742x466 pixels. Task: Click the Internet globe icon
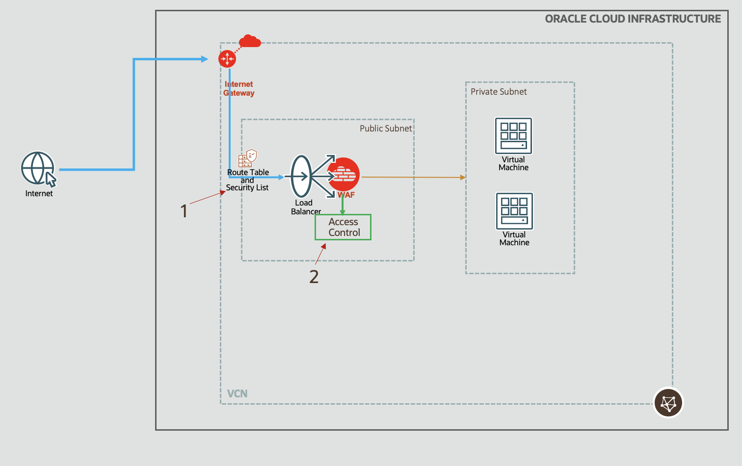pos(38,168)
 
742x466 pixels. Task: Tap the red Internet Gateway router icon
pos(227,59)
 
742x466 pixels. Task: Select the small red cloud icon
pos(250,41)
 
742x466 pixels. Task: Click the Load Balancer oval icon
pos(301,177)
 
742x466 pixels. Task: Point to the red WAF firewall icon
pos(344,175)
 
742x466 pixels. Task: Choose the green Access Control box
pos(343,227)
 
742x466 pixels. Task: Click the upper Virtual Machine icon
pos(513,136)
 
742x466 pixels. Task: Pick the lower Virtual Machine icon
pos(514,211)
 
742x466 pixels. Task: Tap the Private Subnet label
pos(499,92)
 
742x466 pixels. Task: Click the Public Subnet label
pos(386,129)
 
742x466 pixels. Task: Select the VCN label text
pos(237,394)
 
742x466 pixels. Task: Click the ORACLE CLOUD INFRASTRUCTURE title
pos(633,19)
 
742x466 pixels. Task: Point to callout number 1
pos(184,211)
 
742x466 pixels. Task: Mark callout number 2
pos(314,277)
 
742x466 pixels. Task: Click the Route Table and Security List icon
pos(248,158)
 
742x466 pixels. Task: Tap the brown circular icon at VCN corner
pos(668,403)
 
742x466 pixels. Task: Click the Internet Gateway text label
pos(239,89)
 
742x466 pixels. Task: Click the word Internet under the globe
pos(39,194)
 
